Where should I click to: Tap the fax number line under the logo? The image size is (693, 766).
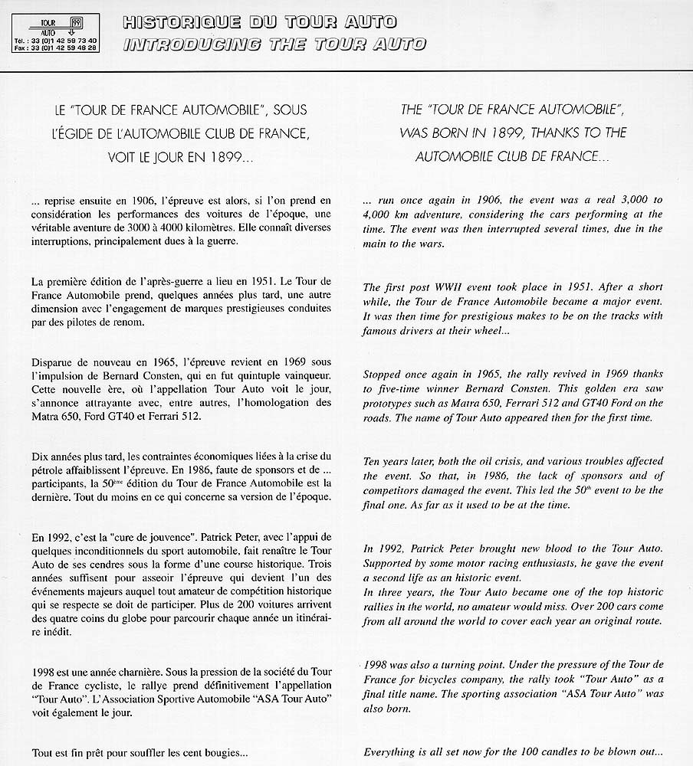coord(55,47)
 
